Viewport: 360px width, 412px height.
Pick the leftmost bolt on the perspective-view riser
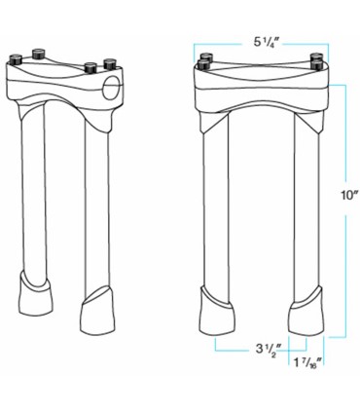[17, 58]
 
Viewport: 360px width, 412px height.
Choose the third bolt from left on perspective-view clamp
[89, 66]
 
